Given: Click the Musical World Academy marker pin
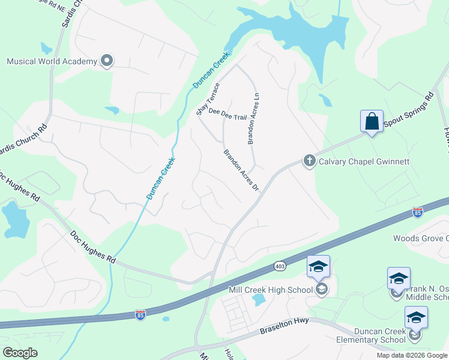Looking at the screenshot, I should coord(107,61).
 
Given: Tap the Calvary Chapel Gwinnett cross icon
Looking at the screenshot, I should coord(309,161).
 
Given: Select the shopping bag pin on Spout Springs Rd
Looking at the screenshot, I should coord(372,122).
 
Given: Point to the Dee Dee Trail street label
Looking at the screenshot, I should coord(228,117).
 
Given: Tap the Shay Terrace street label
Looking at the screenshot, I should coord(206,99).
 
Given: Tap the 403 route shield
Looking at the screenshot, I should coord(279,265).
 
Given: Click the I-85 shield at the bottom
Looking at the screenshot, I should coord(140,315).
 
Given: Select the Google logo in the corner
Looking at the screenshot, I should coord(20,352).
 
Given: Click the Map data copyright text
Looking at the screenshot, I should coord(412,355).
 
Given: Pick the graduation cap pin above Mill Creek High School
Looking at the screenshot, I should coord(318,267).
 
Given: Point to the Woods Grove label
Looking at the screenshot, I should coord(420,238).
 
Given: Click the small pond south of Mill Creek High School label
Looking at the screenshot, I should coord(259,299).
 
